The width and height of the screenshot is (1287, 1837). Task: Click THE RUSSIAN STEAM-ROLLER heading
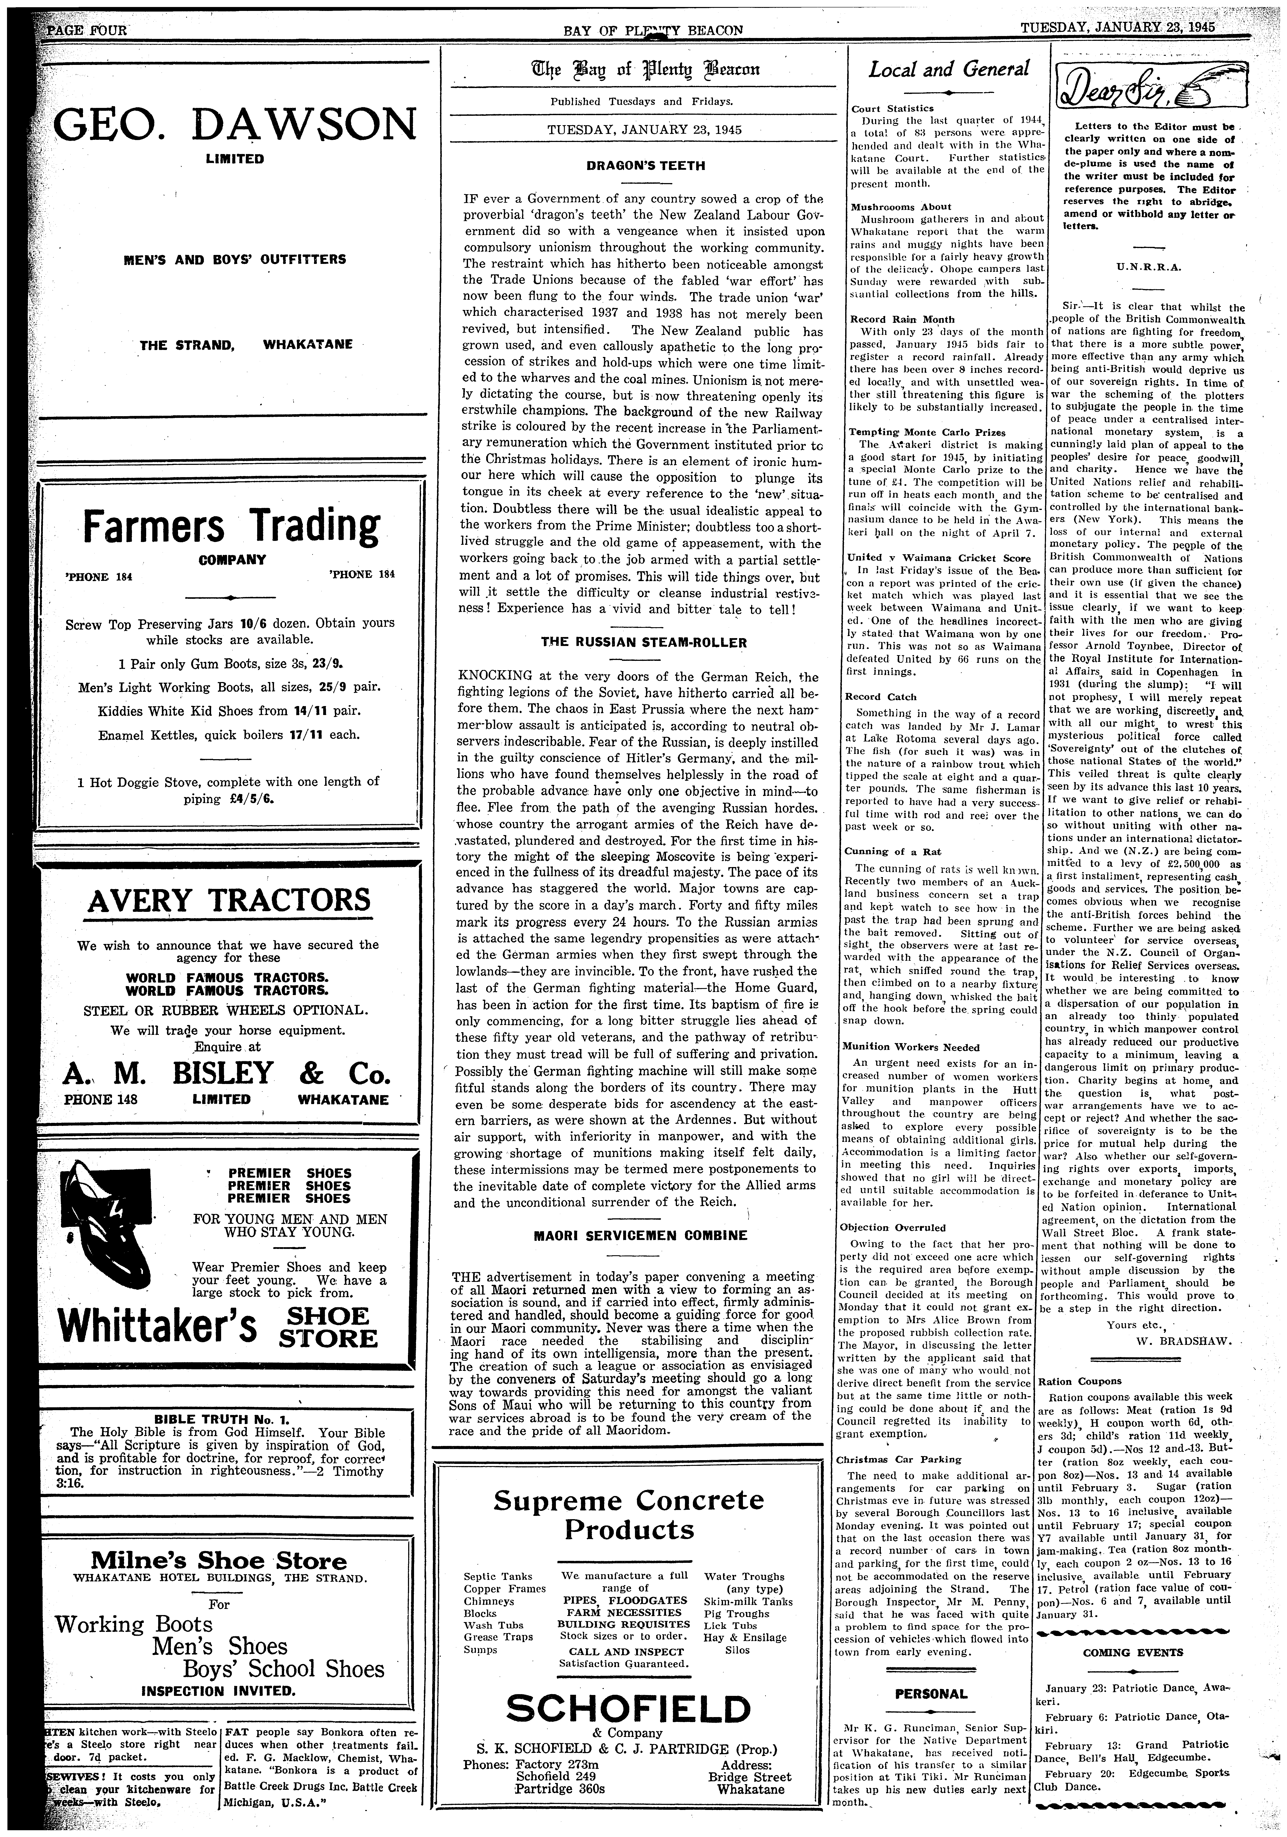click(643, 642)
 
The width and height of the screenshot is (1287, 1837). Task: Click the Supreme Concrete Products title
click(628, 1516)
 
